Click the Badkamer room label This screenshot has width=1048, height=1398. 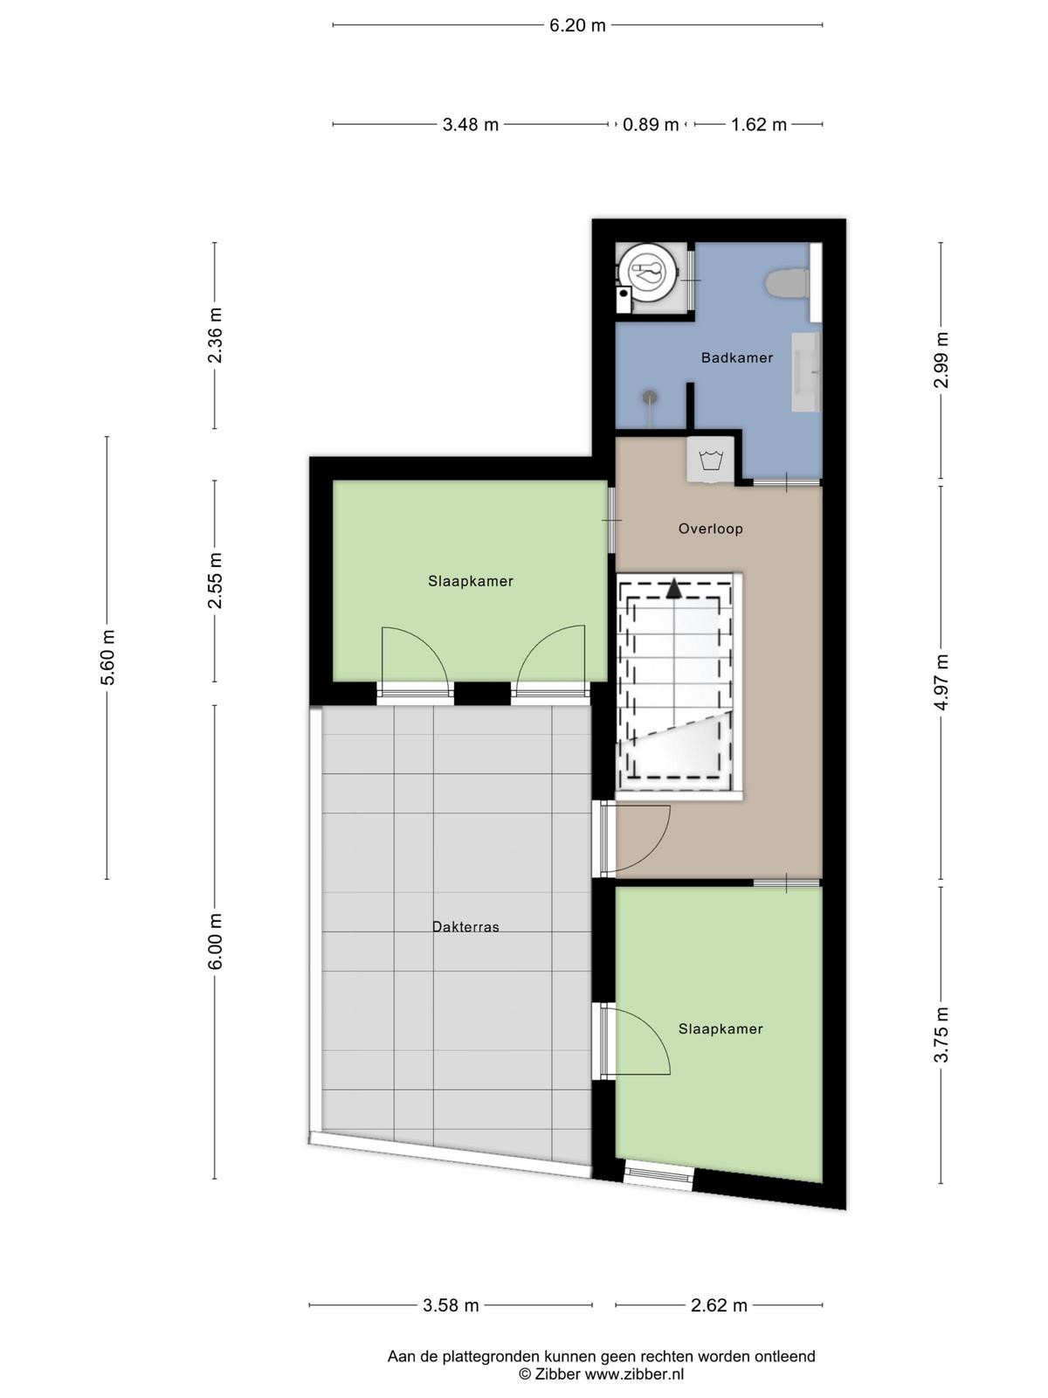click(736, 357)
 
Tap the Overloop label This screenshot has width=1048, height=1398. click(710, 529)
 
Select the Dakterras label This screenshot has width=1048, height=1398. click(465, 927)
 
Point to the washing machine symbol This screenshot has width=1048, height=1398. click(710, 460)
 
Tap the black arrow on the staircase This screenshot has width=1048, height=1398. click(673, 589)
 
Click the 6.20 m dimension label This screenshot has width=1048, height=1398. click(577, 25)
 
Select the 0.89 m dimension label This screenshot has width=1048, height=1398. click(651, 125)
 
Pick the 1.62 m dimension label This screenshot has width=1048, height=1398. click(758, 125)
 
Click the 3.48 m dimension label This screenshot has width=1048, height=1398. click(470, 125)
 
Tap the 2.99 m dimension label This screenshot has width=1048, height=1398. click(941, 360)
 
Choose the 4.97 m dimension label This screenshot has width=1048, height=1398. click(941, 681)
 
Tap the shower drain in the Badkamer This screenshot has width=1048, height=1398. click(649, 397)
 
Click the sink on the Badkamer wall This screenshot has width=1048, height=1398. click(806, 372)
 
